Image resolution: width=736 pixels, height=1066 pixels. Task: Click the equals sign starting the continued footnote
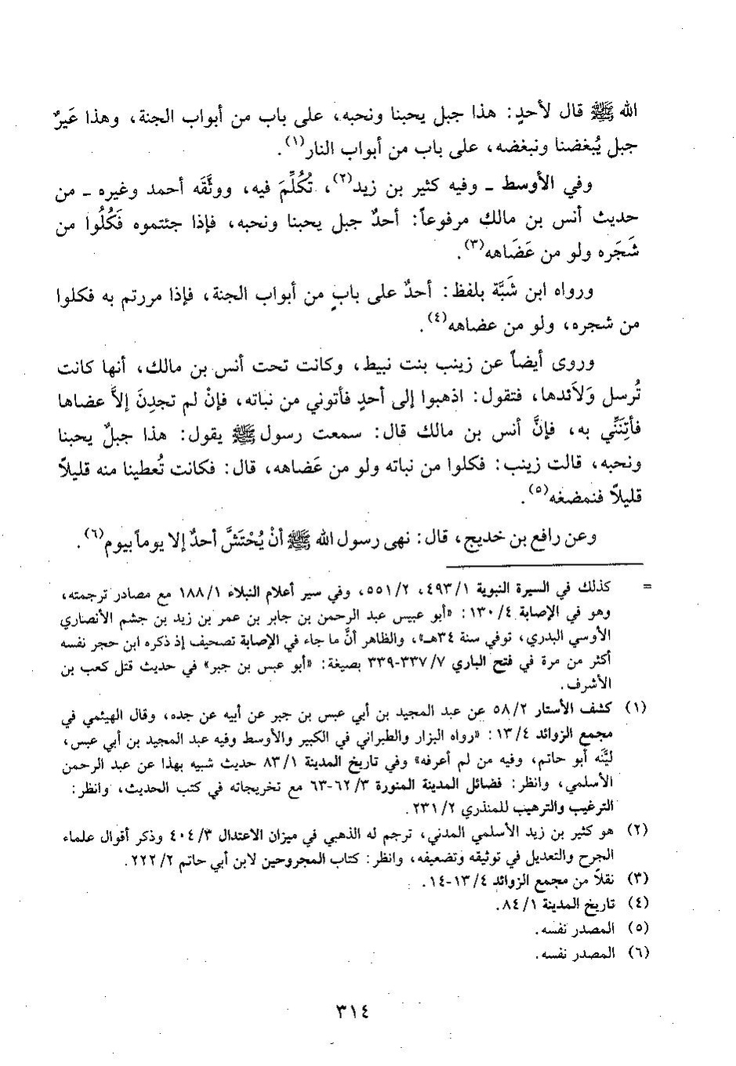(647, 586)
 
